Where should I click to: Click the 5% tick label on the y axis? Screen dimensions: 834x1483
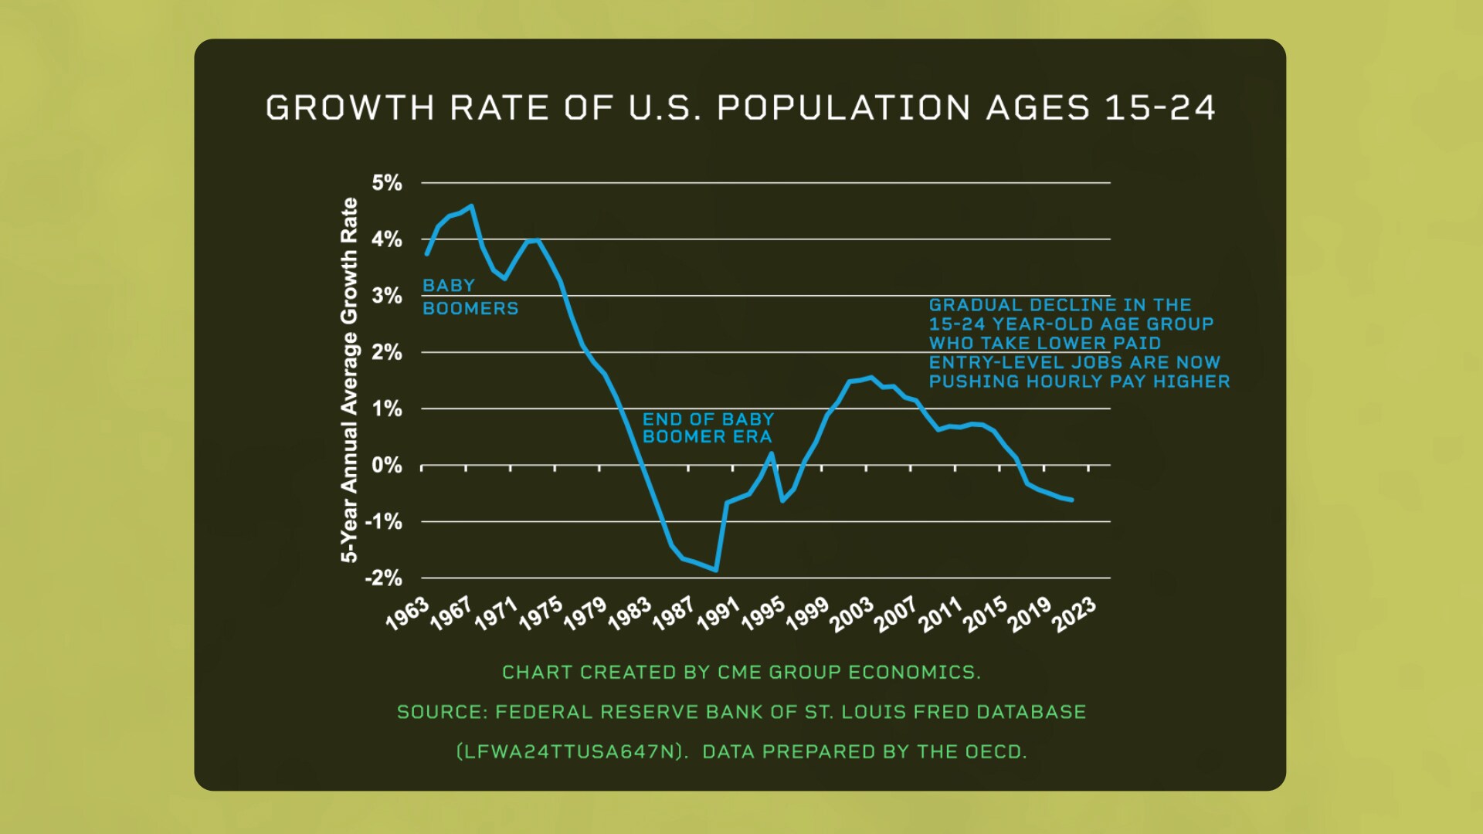(x=387, y=183)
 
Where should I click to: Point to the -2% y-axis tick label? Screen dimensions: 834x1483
(x=384, y=578)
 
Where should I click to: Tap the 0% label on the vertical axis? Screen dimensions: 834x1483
(x=387, y=466)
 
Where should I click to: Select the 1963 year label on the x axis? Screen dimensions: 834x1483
(x=407, y=613)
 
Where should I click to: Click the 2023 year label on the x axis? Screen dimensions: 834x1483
(x=1074, y=615)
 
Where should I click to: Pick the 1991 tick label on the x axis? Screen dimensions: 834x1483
(x=718, y=614)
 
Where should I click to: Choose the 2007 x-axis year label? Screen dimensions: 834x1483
(x=896, y=614)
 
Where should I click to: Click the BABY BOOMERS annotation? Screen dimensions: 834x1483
(x=470, y=297)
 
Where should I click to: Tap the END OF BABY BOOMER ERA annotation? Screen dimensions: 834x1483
(x=708, y=428)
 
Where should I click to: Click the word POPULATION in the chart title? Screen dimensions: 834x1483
(x=843, y=108)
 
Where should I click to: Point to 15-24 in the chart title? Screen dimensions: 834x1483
(x=1160, y=108)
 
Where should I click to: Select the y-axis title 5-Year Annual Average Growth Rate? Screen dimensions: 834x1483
(x=350, y=380)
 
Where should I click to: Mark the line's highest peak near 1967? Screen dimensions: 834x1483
(x=471, y=206)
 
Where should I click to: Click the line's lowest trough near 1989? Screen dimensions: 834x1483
(x=716, y=571)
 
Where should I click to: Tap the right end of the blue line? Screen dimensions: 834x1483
(x=1071, y=500)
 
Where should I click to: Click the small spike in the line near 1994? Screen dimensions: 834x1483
(x=771, y=454)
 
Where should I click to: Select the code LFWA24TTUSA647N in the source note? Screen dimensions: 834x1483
(x=571, y=751)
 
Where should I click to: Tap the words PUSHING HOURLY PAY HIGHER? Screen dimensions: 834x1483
(x=1079, y=381)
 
